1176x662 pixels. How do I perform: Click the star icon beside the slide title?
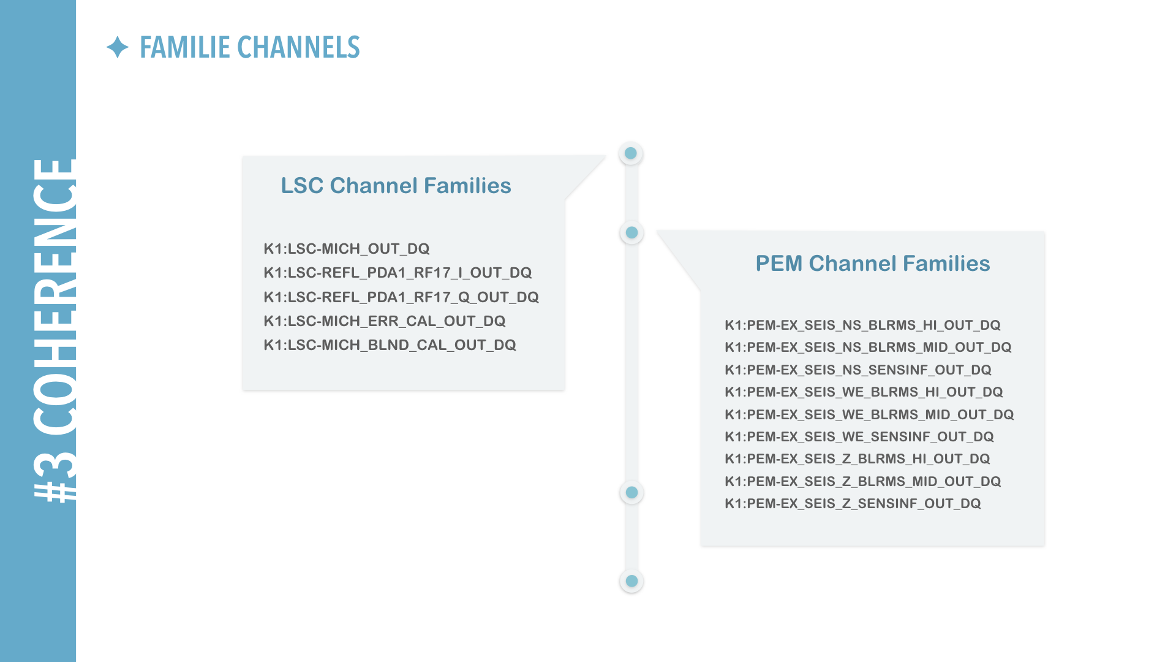click(x=118, y=47)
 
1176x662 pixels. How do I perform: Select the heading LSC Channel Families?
click(x=396, y=185)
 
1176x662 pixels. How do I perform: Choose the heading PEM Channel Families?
click(x=873, y=263)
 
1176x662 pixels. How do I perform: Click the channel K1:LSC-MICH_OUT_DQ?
click(x=347, y=248)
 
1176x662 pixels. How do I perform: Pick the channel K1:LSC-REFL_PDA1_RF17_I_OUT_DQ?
click(x=398, y=273)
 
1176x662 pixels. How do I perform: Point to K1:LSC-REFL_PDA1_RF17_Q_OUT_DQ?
click(x=401, y=297)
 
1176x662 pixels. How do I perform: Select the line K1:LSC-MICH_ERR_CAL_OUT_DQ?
click(x=385, y=321)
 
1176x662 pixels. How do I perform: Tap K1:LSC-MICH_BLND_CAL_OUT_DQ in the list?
click(x=390, y=345)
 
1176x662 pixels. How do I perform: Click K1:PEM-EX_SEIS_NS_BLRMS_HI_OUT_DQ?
click(x=862, y=325)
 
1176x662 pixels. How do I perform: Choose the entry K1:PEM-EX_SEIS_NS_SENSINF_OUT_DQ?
click(x=858, y=370)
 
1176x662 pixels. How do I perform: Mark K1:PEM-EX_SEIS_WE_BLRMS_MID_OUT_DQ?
click(x=869, y=414)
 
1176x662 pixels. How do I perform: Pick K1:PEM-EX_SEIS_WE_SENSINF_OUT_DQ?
click(x=859, y=436)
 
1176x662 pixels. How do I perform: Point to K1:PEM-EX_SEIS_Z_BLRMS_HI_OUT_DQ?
click(x=858, y=458)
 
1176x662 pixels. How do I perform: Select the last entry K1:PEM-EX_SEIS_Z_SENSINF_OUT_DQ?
click(x=853, y=503)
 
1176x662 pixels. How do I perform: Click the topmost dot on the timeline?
click(x=631, y=153)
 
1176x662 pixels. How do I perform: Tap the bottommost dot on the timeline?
click(x=631, y=581)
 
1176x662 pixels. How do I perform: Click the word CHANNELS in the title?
click(x=298, y=47)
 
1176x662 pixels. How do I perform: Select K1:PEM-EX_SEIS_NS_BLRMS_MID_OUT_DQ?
click(x=868, y=347)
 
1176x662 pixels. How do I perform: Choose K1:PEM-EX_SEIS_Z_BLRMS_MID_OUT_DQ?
click(x=863, y=481)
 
